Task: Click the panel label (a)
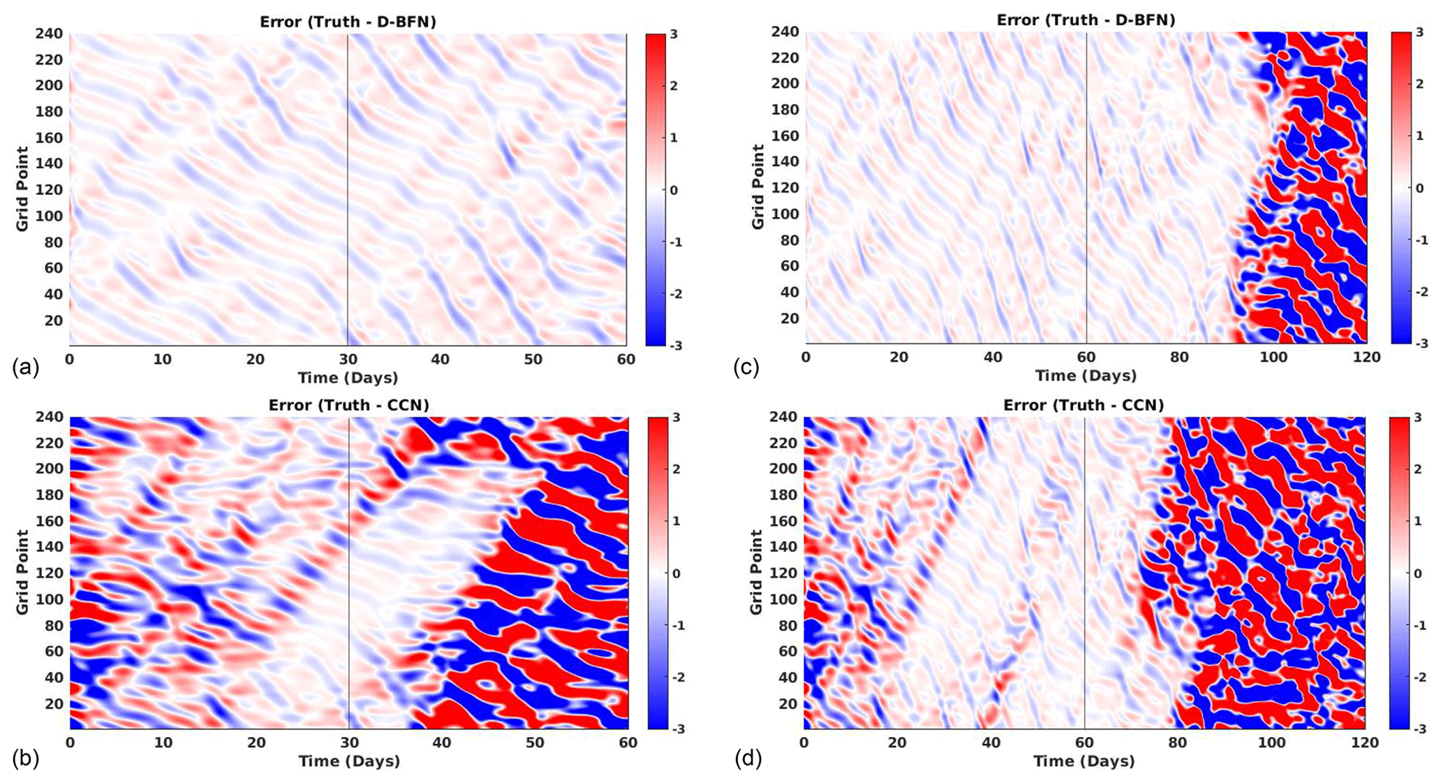point(25,367)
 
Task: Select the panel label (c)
point(746,367)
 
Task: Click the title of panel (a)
point(348,22)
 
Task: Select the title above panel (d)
point(1083,405)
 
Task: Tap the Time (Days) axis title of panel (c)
point(1086,376)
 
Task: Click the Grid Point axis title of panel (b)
point(22,572)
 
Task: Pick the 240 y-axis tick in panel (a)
point(49,34)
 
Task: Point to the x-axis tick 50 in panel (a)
point(533,359)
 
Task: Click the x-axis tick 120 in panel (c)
point(1366,357)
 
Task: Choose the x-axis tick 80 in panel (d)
point(1178,742)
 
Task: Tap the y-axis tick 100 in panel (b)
point(49,599)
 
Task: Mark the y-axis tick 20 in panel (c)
point(789,319)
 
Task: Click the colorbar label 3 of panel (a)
point(674,34)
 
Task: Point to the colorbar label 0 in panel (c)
point(1419,188)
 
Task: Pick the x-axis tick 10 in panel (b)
point(163,742)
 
